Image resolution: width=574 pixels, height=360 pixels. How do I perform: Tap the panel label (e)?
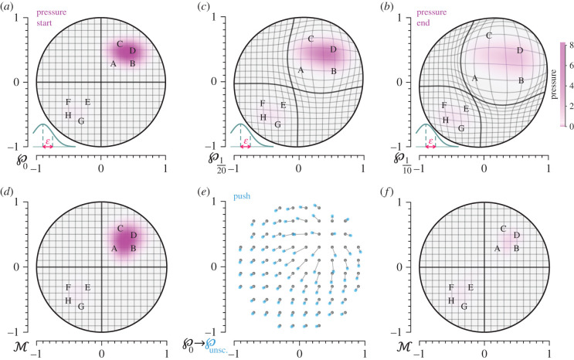coord(202,192)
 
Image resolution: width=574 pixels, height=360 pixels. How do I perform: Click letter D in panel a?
coord(133,51)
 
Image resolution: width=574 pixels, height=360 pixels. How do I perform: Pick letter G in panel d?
coord(81,306)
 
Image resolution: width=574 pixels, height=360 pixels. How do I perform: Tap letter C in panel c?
coord(311,39)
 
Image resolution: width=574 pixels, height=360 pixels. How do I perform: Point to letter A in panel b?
coord(475,78)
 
